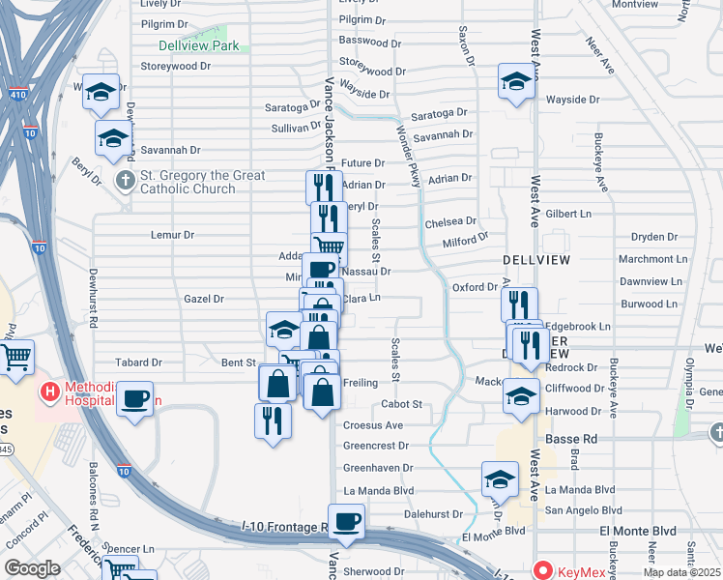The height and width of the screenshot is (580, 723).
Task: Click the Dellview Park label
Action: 198,44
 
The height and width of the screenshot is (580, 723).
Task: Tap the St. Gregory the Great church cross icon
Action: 124,181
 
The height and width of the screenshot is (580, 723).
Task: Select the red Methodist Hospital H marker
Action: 46,392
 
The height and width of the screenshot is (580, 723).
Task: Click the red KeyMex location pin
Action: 543,570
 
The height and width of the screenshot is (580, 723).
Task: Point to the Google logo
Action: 32,568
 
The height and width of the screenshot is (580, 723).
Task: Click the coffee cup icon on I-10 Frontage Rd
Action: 346,521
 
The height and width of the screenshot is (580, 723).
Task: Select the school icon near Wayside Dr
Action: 517,80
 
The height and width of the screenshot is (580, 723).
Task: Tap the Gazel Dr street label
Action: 204,300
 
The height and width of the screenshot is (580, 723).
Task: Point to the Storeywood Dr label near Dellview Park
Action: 175,67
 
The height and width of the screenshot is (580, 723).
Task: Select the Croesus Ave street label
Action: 373,425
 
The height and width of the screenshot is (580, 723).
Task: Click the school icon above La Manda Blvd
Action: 500,478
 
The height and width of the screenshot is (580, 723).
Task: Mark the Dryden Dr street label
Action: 654,237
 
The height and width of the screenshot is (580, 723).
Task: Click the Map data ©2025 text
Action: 682,572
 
